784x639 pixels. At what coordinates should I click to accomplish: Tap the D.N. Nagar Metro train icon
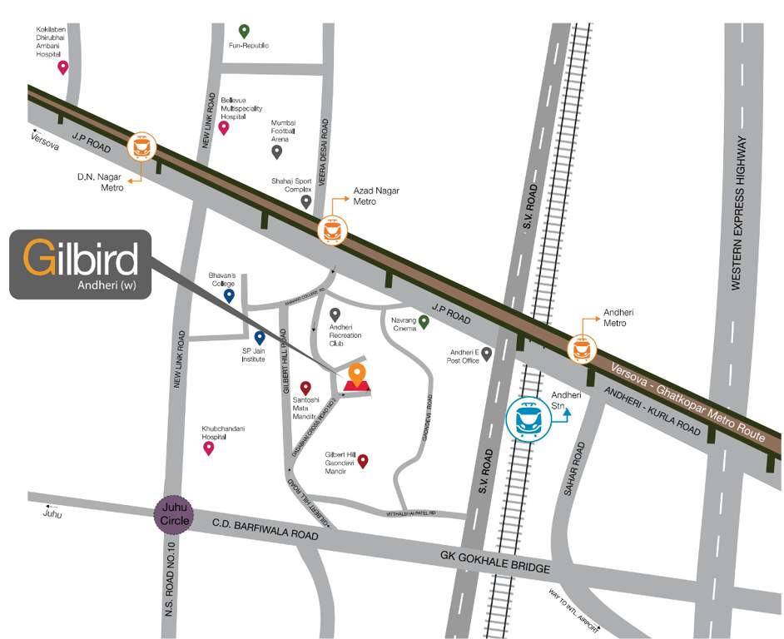pyautogui.click(x=141, y=148)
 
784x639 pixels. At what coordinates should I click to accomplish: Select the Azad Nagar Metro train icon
pyautogui.click(x=334, y=229)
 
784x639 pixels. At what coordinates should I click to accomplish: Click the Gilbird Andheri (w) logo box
pyautogui.click(x=81, y=264)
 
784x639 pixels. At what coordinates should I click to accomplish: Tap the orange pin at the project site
pyautogui.click(x=357, y=375)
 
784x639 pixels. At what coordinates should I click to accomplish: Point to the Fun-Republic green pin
pyautogui.click(x=244, y=31)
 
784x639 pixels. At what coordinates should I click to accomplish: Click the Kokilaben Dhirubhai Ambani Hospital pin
pyautogui.click(x=62, y=67)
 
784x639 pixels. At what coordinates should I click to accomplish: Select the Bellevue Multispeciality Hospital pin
pyautogui.click(x=223, y=127)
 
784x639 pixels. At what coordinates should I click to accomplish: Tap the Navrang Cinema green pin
pyautogui.click(x=424, y=321)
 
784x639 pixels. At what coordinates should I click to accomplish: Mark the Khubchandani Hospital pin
pyautogui.click(x=209, y=448)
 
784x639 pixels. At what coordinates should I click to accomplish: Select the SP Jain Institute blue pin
pyautogui.click(x=259, y=337)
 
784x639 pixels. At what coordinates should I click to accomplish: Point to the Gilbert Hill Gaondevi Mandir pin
pyautogui.click(x=362, y=460)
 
